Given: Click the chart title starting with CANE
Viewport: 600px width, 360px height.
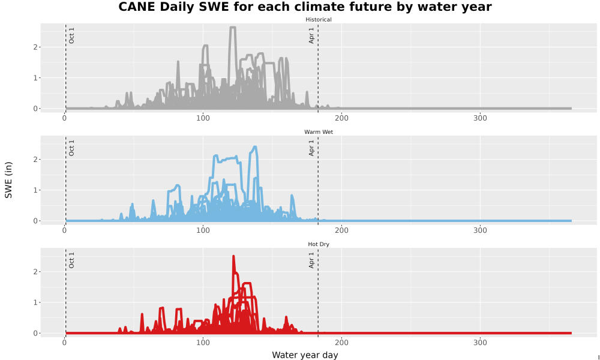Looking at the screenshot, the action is (x=305, y=7).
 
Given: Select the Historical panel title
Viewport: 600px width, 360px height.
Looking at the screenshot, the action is (x=319, y=20).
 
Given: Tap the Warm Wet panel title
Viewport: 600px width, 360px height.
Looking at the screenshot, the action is (x=319, y=132).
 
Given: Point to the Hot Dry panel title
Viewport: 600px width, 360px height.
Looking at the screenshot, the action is (x=319, y=244).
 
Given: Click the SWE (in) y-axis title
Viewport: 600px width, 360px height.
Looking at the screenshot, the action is (x=8, y=180).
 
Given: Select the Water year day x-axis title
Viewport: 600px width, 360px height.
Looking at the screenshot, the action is (x=305, y=355).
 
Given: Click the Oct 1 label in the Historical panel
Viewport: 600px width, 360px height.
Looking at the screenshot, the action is (x=71, y=35).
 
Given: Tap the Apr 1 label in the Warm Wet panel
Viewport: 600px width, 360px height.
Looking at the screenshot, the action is (x=311, y=148).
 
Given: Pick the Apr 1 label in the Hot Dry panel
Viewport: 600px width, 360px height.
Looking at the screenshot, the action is (x=311, y=260).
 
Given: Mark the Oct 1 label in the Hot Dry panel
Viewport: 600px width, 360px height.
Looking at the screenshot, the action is (x=71, y=260).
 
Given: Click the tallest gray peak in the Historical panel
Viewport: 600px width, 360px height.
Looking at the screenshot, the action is (x=232, y=27).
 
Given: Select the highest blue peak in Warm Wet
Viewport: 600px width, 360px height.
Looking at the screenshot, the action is (x=255, y=146).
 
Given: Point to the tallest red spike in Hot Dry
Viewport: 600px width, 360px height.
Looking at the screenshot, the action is (x=233, y=256).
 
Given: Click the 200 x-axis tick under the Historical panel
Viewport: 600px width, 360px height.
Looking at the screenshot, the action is (x=341, y=118).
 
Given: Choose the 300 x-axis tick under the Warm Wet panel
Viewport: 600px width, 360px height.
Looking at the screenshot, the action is (x=480, y=230).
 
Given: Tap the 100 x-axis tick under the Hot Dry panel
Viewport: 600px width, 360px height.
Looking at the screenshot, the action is (x=203, y=343).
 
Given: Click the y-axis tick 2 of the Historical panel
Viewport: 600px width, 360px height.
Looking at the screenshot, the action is (x=35, y=47).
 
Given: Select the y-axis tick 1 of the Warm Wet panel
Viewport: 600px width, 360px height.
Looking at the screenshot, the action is (x=35, y=190).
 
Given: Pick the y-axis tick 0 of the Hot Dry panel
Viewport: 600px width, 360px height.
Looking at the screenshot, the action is (x=35, y=333).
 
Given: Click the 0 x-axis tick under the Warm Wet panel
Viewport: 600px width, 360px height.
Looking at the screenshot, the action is (x=64, y=230).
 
